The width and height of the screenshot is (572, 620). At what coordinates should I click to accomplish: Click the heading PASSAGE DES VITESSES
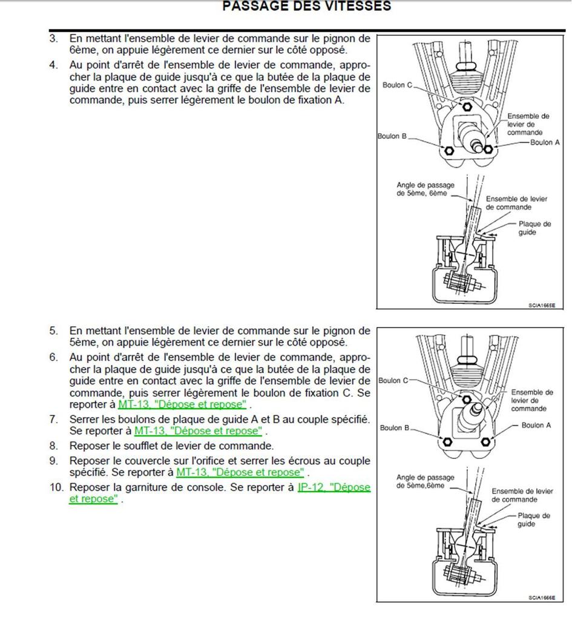point(307,7)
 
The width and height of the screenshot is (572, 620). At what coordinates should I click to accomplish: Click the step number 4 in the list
point(54,64)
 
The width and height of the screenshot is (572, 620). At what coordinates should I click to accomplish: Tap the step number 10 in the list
point(57,487)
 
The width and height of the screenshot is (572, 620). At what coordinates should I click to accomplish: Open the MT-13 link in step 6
point(182,405)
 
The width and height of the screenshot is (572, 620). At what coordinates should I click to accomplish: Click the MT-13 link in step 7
point(198,431)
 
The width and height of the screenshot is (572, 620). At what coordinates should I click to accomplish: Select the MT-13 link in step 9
point(240,472)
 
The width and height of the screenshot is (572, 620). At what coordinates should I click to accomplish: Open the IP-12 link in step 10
point(334,487)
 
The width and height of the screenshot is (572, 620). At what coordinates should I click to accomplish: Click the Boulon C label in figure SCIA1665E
point(397,85)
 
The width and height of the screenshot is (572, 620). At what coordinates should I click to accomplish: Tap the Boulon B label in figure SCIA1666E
point(395,428)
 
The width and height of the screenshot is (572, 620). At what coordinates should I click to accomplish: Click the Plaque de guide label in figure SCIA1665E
point(534,228)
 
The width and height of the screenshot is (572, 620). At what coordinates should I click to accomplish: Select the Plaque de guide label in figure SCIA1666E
point(533,520)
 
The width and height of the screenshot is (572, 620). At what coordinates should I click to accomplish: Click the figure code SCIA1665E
point(540,306)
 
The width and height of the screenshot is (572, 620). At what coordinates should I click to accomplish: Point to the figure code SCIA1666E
point(541,597)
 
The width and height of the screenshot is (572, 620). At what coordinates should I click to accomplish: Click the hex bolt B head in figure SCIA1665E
point(449,151)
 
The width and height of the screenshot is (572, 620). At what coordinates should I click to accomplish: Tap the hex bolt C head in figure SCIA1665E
point(466,107)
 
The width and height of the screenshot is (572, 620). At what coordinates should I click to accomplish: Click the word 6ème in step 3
point(81,50)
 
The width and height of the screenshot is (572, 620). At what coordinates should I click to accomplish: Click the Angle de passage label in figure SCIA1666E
point(425,481)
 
